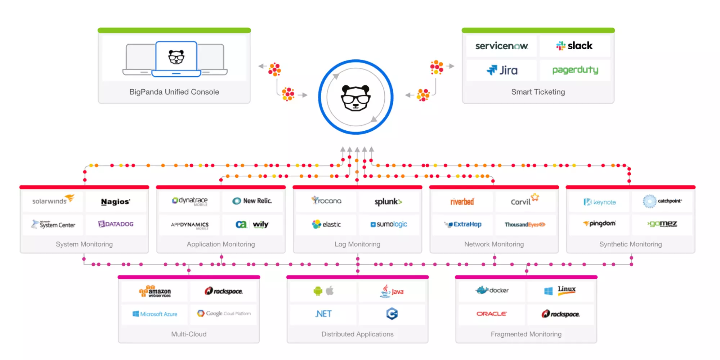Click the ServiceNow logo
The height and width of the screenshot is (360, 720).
click(501, 46)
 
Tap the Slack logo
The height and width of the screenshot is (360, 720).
click(574, 46)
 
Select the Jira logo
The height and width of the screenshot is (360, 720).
click(502, 70)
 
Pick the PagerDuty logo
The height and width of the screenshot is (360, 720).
click(575, 70)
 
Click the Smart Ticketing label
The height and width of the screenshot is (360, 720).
click(538, 92)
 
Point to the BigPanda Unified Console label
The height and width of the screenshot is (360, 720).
click(174, 92)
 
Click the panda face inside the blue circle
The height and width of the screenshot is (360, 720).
click(355, 98)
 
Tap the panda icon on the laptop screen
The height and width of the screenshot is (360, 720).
click(176, 57)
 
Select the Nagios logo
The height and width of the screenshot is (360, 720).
click(116, 202)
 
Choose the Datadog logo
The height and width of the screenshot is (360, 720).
click(116, 224)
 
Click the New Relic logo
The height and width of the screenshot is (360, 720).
click(252, 201)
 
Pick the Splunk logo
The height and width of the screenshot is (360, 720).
click(388, 202)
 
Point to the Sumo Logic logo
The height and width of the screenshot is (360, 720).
click(389, 224)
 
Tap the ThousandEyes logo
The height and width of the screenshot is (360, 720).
click(525, 224)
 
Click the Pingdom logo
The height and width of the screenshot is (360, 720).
click(600, 224)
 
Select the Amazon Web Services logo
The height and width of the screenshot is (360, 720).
click(155, 292)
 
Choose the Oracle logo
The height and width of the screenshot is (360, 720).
click(492, 314)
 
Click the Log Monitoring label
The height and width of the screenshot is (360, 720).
click(357, 244)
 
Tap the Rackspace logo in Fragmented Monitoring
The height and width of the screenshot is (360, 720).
click(561, 314)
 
